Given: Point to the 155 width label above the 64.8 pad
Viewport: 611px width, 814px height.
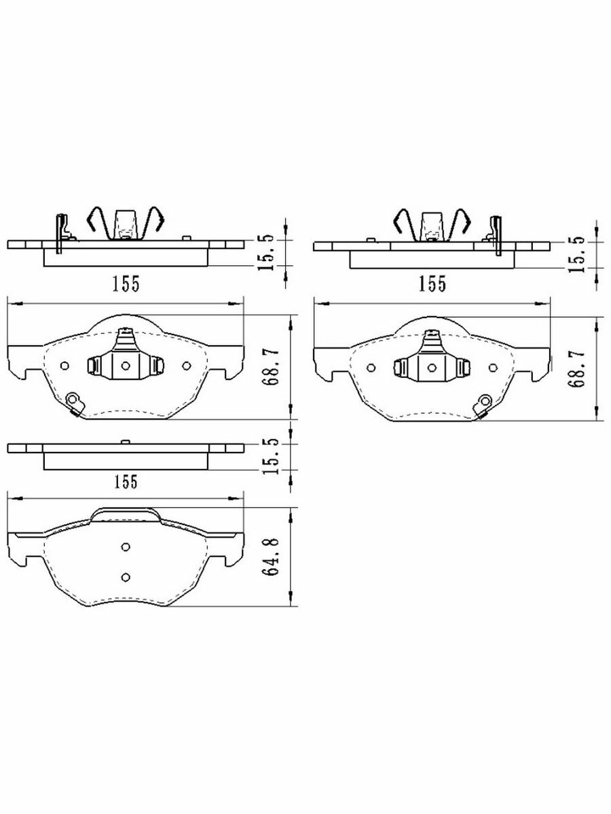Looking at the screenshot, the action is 126,482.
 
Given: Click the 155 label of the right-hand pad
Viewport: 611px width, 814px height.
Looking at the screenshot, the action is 432,284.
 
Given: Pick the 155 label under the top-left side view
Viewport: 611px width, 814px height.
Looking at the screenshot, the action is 126,284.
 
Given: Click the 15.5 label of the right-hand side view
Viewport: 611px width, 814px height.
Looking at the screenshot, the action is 576,255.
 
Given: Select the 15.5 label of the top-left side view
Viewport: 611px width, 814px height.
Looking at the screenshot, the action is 265,252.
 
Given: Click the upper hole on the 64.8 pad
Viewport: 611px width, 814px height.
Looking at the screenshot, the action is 126,547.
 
